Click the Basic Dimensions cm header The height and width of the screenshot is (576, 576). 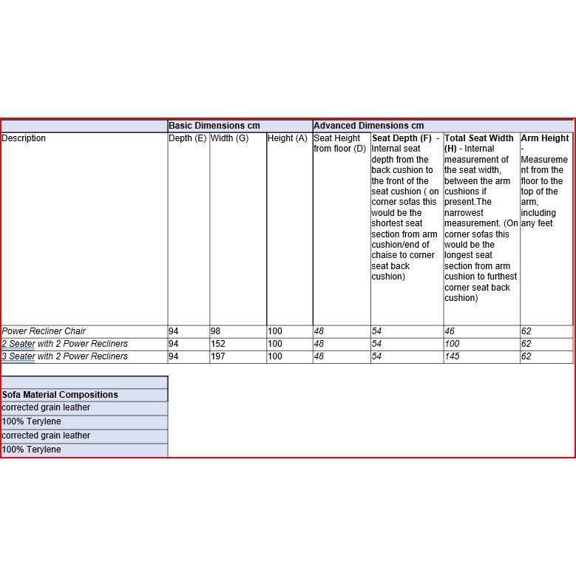pos(214,126)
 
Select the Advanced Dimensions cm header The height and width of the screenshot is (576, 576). pos(369,126)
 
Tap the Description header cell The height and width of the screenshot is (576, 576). pos(24,138)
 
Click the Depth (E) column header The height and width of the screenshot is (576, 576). pos(188,138)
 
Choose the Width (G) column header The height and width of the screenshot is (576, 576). pos(229,138)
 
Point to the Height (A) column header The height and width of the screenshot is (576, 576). pos(288,138)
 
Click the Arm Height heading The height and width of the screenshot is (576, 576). pos(545,138)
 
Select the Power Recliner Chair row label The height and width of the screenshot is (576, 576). pos(44,331)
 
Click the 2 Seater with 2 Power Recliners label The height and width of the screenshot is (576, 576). pos(64,344)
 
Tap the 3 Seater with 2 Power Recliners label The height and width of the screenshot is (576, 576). pos(64,356)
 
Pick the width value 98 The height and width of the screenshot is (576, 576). pos(216,331)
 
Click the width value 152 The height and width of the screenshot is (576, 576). pos(218,344)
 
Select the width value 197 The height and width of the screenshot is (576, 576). pos(218,356)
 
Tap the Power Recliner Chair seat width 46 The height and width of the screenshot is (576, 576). pos(450,331)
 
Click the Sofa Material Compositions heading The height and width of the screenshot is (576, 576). pos(60,395)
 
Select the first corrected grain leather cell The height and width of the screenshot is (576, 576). pos(46,407)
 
